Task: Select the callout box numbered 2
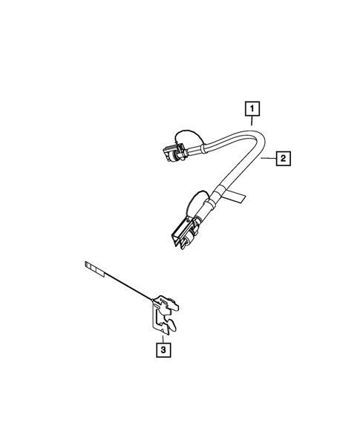point(282,157)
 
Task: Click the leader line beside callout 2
point(269,157)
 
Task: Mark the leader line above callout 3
point(162,334)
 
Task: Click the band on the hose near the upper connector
point(194,151)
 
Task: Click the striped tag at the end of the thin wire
point(94,264)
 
